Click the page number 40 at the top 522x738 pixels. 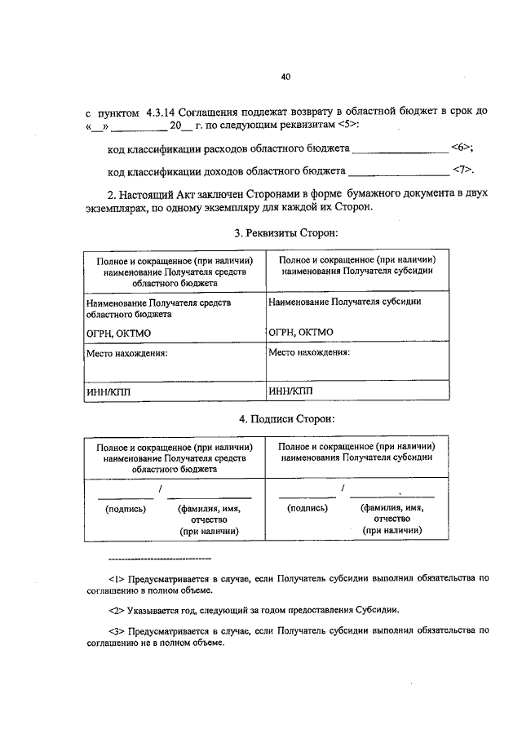[x=285, y=77]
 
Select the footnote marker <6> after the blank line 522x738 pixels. [x=461, y=147]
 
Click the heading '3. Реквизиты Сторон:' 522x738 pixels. [x=285, y=233]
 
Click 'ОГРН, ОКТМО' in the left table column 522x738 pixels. [x=118, y=334]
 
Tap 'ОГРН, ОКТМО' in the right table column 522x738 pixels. [x=300, y=333]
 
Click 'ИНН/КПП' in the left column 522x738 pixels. [x=108, y=391]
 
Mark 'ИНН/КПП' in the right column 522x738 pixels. [x=290, y=391]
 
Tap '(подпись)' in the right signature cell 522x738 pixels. [x=307, y=507]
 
